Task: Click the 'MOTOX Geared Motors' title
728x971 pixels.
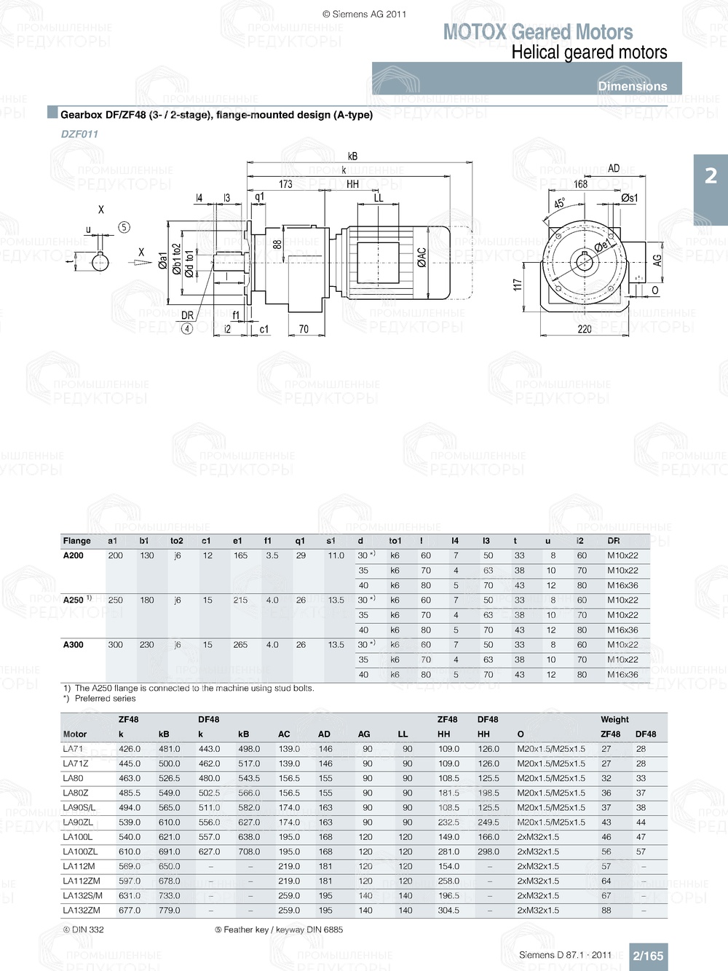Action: tap(538, 32)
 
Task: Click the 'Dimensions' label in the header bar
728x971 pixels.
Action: tap(632, 86)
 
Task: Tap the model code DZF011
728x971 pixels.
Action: tap(79, 134)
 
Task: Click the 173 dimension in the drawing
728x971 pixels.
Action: tap(285, 184)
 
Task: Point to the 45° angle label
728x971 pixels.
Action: tap(559, 204)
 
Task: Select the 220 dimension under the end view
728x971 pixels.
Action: tap(585, 329)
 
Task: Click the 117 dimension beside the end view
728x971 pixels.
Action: tap(518, 285)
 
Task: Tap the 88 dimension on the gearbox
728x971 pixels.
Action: tap(277, 245)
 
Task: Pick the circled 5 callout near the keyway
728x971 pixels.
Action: tap(124, 227)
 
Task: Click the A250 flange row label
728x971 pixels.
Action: tap(74, 601)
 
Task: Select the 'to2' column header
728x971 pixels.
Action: tap(177, 541)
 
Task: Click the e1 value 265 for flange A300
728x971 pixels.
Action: tap(240, 645)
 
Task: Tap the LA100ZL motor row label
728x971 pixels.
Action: tap(80, 852)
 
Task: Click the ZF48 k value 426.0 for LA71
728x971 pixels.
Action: tap(130, 749)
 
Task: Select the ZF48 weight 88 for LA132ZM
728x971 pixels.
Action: tap(606, 911)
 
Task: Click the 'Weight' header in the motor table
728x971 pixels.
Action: tap(614, 719)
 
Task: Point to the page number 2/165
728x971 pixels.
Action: tap(648, 956)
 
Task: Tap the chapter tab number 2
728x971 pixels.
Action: tap(711, 176)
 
